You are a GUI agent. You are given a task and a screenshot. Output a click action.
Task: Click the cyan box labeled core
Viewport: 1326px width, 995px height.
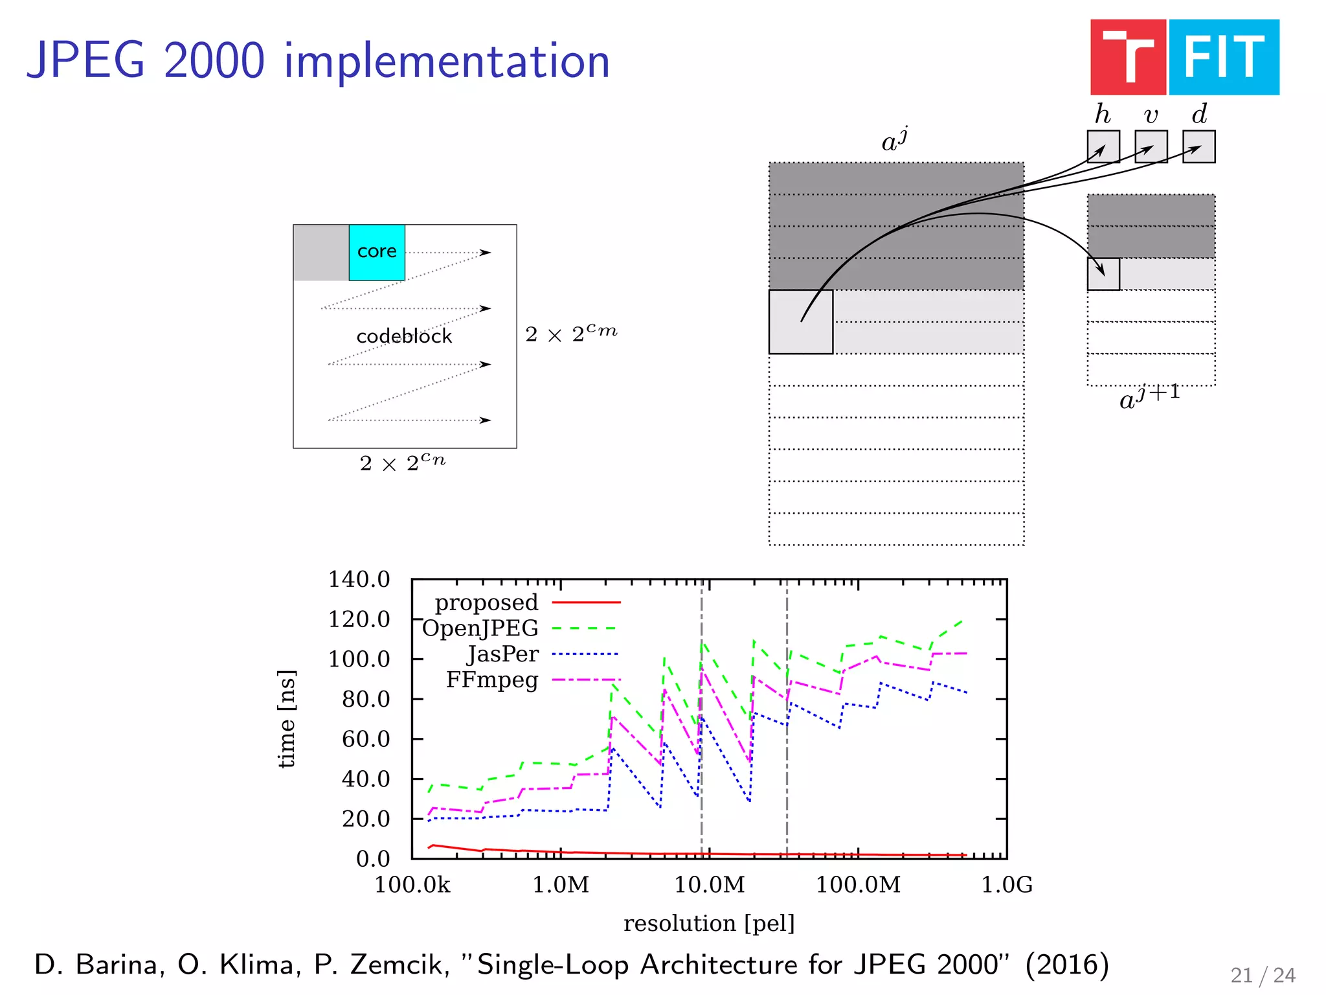377,252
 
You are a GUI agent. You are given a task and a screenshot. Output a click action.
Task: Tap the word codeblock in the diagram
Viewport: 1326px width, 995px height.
404,336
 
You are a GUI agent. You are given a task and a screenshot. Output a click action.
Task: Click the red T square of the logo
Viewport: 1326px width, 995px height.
1128,58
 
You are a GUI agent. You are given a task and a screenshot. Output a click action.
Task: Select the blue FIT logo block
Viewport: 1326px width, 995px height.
1224,58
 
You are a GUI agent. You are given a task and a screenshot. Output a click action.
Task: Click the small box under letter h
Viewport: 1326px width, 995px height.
1103,146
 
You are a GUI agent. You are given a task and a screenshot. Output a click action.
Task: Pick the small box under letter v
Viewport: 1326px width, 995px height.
1151,146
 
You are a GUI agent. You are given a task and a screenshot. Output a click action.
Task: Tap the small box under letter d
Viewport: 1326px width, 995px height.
1198,146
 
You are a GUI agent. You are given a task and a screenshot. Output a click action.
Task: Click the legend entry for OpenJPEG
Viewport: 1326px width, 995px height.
480,628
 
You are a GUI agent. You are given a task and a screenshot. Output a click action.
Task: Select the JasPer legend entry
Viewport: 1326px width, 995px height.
502,654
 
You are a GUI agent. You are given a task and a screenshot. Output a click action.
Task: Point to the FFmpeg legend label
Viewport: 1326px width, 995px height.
492,680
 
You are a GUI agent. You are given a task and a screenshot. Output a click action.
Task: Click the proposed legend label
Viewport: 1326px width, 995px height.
486,602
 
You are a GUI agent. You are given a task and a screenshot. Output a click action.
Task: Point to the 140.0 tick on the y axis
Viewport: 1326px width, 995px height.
359,579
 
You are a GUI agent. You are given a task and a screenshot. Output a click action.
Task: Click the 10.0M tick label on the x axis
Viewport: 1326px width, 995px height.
710,885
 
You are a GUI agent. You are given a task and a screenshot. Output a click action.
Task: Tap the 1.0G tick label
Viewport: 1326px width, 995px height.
1007,885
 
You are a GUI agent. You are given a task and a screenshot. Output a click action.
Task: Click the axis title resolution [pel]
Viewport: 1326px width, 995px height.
709,923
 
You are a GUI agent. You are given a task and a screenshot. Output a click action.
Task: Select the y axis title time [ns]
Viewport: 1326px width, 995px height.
286,719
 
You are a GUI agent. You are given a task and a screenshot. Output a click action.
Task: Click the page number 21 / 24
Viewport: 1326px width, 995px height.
1263,976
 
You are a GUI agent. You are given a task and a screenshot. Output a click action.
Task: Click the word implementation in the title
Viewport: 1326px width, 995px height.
447,61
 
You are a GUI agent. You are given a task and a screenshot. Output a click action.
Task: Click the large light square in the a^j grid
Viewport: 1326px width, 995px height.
800,322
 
